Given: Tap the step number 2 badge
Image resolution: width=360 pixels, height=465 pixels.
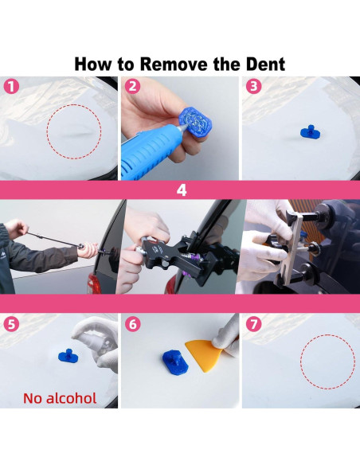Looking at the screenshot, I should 132,87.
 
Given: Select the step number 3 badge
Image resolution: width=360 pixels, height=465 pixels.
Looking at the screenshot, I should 253,87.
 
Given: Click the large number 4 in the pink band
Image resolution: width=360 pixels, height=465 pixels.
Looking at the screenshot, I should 181,191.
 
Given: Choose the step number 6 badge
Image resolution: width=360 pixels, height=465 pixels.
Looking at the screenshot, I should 132,324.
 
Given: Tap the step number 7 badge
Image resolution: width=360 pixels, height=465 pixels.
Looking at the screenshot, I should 253,324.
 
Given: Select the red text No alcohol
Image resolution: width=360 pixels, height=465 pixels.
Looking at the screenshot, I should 60,397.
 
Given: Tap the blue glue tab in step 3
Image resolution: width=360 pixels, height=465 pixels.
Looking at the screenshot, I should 304,132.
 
